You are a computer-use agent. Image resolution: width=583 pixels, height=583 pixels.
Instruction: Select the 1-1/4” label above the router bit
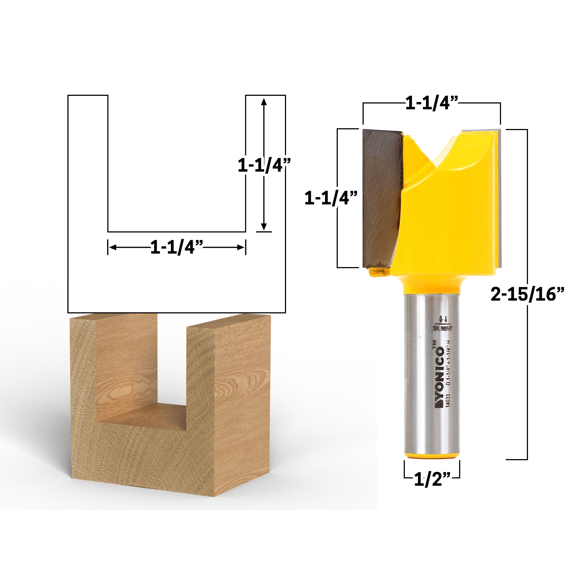coord(431,104)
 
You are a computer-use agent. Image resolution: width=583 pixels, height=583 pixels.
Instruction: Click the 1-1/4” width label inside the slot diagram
coord(176,248)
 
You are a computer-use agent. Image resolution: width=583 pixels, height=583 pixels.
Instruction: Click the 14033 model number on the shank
coord(448,403)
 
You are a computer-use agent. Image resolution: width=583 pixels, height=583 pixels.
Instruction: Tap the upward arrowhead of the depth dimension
coord(265,101)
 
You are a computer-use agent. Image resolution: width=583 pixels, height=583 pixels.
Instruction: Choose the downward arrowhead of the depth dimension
coord(265,226)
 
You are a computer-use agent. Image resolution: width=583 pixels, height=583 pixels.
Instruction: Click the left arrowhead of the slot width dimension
coord(112,248)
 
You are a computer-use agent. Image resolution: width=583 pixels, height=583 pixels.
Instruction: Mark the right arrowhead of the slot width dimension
coord(241,248)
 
